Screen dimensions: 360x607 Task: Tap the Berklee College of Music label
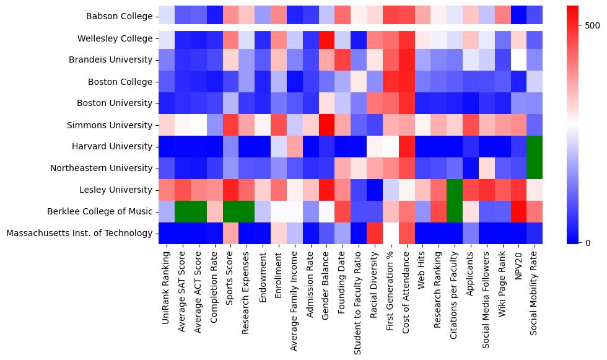click(99, 211)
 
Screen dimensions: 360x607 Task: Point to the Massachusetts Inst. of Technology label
click(78, 233)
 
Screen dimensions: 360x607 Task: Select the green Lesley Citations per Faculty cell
click(453, 190)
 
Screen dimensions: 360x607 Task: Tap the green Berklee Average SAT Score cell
click(183, 211)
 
